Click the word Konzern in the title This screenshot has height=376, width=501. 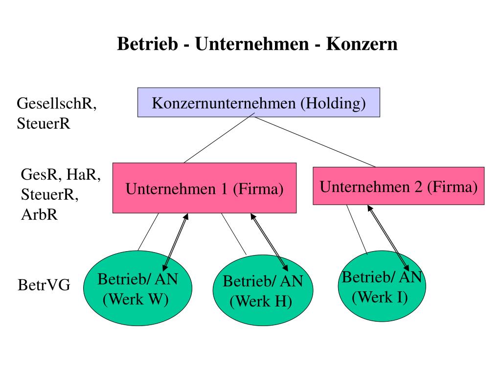coord(362,44)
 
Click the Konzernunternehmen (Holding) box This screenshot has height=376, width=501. coord(259,102)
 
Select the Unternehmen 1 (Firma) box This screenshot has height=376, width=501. coord(205,188)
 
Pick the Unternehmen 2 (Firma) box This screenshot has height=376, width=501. coord(399,186)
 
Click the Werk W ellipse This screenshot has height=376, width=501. coord(137,289)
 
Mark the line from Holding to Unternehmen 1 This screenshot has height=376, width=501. coord(219,140)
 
